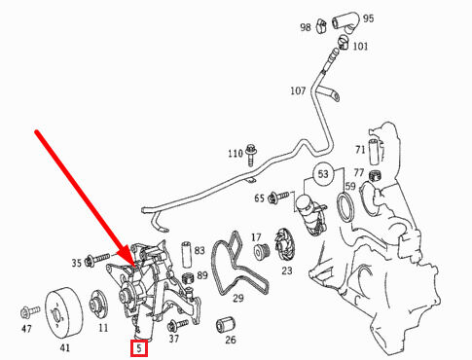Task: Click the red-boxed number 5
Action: click(x=139, y=348)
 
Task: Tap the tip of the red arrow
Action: click(x=134, y=267)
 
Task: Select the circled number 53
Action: click(x=323, y=174)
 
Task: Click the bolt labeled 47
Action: click(x=30, y=311)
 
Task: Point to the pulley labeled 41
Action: click(x=63, y=313)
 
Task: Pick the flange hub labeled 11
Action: click(x=98, y=305)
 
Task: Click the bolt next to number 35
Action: click(x=97, y=259)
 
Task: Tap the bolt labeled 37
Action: click(x=178, y=324)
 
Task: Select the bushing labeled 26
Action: click(x=226, y=324)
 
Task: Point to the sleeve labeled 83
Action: click(x=187, y=254)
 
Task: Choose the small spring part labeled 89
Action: click(x=188, y=278)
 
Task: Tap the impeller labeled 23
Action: click(x=284, y=245)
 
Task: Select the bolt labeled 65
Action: click(x=278, y=197)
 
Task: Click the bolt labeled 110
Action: click(x=251, y=154)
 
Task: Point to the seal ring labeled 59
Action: click(x=346, y=207)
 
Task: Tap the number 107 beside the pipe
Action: click(x=298, y=90)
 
